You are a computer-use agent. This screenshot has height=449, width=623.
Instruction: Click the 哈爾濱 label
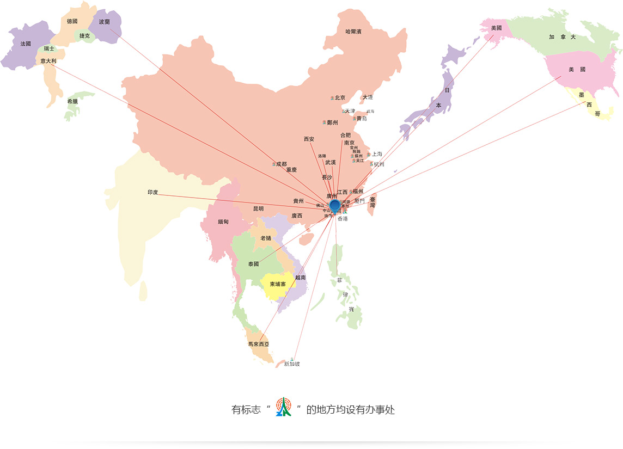tap(353, 32)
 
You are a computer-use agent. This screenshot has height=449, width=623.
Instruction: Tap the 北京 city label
tap(340, 98)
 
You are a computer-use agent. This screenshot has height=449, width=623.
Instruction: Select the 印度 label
tap(152, 192)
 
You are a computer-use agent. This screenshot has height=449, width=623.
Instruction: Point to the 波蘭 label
tap(104, 22)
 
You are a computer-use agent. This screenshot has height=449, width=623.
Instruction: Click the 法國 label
tap(26, 44)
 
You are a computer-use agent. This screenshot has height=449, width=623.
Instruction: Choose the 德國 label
tap(72, 21)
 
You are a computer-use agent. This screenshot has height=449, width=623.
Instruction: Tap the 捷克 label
tap(84, 36)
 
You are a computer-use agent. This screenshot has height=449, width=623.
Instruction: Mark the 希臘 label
tap(72, 101)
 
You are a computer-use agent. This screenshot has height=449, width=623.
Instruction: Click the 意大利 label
tap(48, 61)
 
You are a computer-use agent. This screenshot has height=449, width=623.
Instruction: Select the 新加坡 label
tap(292, 364)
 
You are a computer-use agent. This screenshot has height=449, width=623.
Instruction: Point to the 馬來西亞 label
tap(258, 344)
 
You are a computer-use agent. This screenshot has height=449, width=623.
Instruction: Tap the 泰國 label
tap(253, 264)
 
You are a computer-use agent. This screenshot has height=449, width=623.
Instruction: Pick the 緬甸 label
tap(223, 222)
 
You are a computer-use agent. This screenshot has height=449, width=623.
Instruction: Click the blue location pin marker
tap(335, 205)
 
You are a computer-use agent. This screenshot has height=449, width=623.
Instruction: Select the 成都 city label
tap(281, 164)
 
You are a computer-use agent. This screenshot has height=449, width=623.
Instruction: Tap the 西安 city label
tap(309, 139)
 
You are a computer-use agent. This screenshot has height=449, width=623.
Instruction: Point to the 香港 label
tap(342, 219)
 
